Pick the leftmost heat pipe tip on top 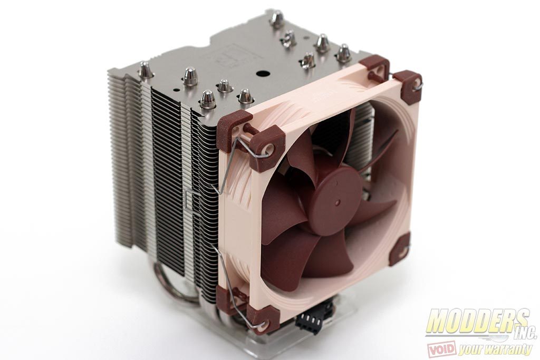coord(143,71)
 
